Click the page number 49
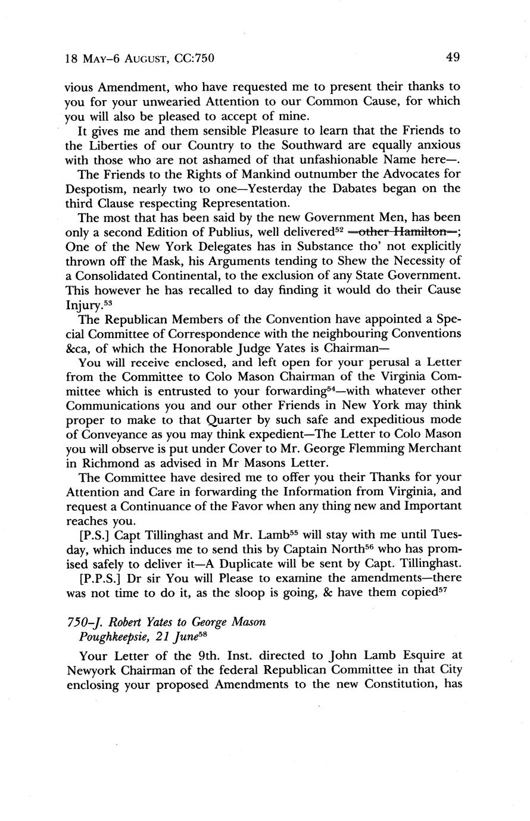click(452, 58)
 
